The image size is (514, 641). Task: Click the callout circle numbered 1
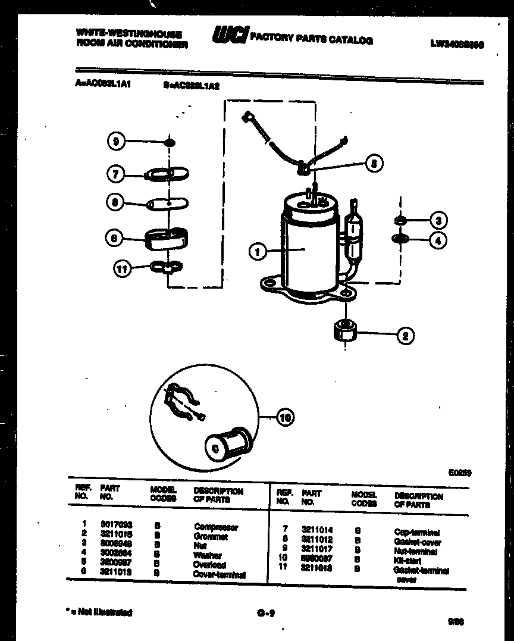click(x=258, y=252)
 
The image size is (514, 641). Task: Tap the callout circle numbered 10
click(x=286, y=418)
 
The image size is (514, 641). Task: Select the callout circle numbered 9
click(x=117, y=142)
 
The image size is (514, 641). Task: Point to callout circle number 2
click(x=405, y=336)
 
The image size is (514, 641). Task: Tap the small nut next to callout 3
click(x=400, y=221)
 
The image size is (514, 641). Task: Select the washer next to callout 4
click(x=400, y=239)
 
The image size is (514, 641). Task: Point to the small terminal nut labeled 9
click(x=170, y=142)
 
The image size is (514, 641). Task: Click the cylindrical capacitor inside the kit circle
click(x=224, y=442)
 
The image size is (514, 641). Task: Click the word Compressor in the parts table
click(x=216, y=527)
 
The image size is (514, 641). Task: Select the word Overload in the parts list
click(x=209, y=565)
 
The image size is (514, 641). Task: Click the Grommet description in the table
click(x=211, y=537)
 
